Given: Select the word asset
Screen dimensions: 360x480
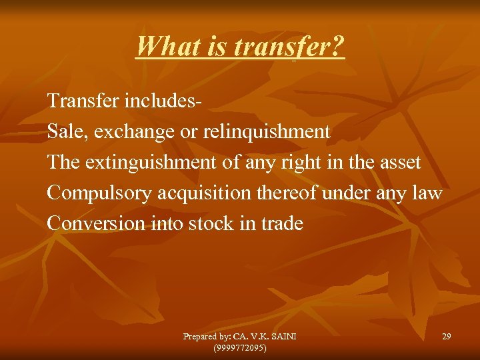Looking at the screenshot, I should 399,163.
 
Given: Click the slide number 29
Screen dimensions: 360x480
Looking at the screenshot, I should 446,337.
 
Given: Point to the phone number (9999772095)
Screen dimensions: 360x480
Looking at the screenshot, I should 239,347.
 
